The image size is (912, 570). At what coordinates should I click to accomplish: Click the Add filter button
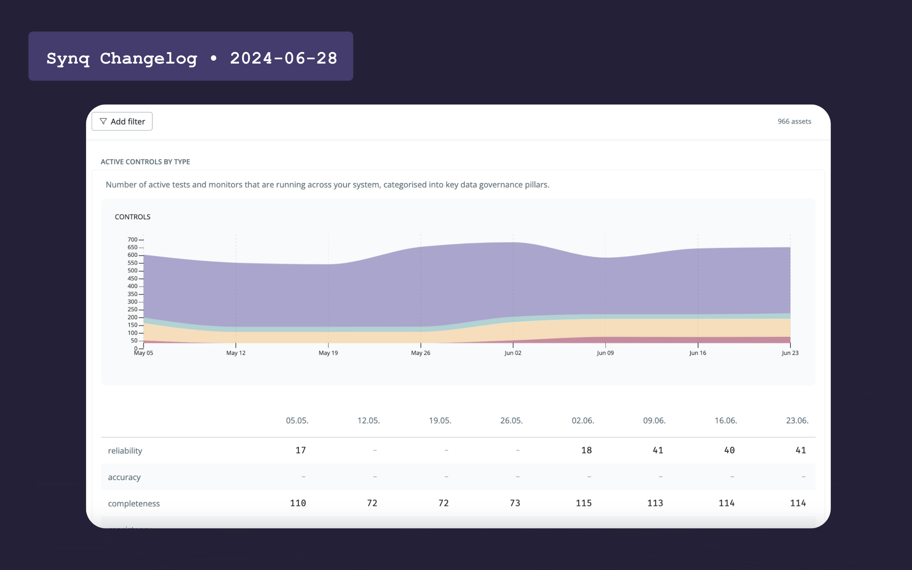point(122,121)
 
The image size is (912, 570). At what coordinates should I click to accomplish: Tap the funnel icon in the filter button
point(103,121)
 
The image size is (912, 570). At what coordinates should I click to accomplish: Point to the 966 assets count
point(794,121)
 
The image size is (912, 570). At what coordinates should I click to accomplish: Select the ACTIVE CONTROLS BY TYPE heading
point(145,162)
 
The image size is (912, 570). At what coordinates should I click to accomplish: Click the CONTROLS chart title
point(132,217)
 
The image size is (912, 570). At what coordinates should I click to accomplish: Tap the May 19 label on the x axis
point(328,353)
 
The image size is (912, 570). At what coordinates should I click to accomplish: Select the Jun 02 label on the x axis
point(512,353)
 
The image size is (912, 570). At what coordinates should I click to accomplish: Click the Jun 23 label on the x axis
point(790,353)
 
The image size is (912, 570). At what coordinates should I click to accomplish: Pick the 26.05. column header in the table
point(511,420)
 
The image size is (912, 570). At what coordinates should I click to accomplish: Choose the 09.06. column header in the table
point(654,420)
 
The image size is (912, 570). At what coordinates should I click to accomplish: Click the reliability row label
point(125,450)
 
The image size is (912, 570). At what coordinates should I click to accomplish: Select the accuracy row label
point(124,477)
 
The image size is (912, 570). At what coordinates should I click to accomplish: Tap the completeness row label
point(134,503)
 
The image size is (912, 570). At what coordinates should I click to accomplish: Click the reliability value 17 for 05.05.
point(301,450)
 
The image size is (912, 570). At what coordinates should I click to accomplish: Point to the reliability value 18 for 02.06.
point(586,450)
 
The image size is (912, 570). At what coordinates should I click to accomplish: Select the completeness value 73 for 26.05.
point(515,503)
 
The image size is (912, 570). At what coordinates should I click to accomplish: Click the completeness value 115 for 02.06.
point(584,503)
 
